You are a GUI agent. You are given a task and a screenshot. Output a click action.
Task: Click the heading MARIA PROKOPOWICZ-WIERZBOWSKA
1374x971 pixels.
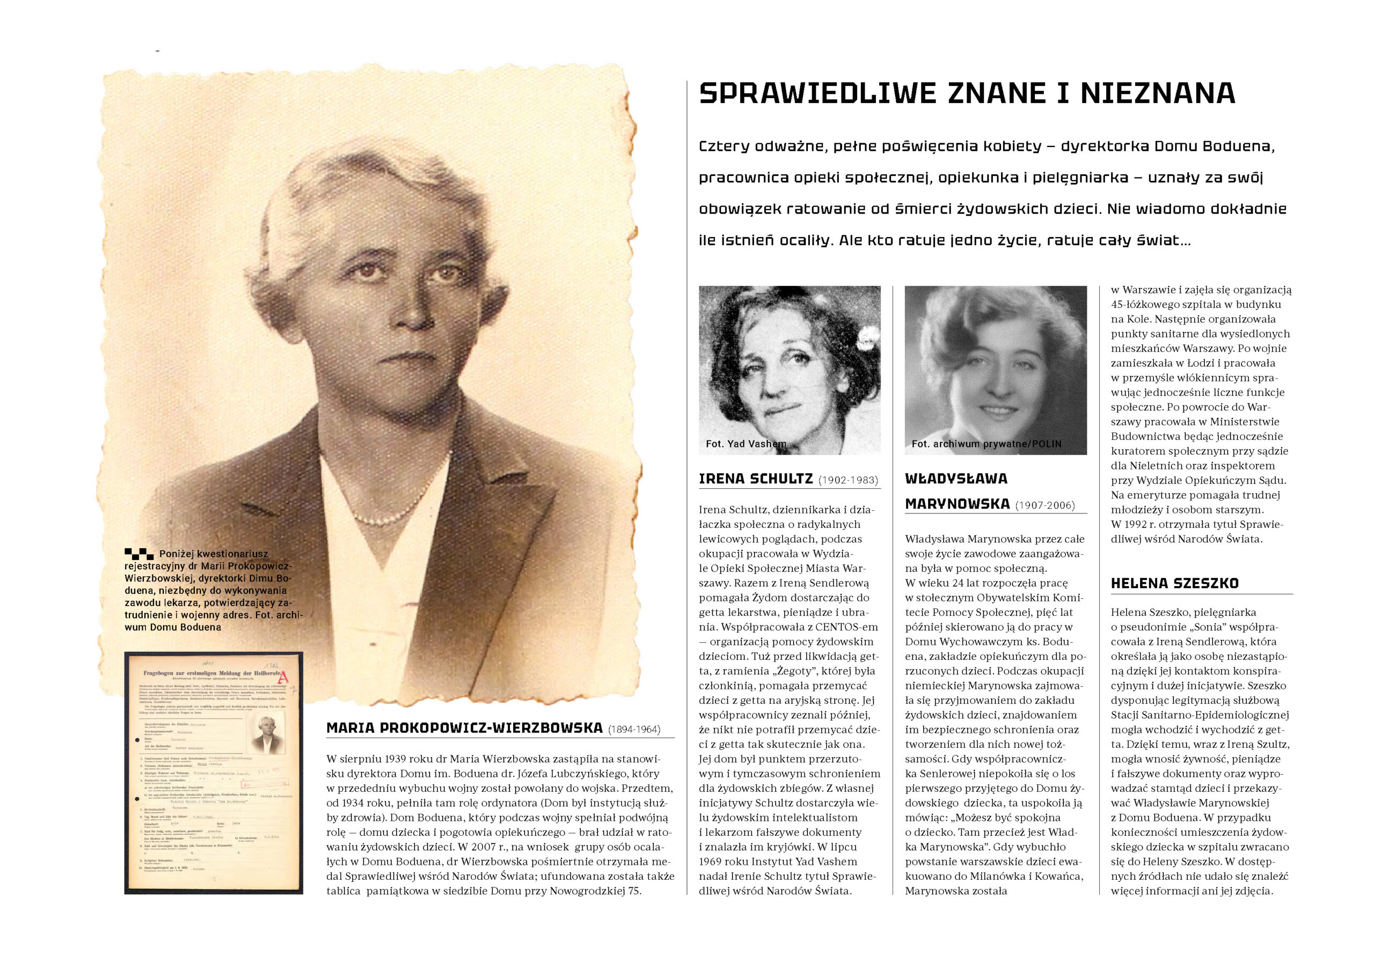pyautogui.click(x=464, y=728)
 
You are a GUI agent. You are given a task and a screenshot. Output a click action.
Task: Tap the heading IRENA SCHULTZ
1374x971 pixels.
pyautogui.click(x=756, y=479)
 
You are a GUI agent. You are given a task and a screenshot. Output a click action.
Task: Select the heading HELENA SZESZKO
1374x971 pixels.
pyautogui.click(x=1175, y=583)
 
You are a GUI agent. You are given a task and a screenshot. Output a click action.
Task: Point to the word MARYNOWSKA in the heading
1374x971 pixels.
pyautogui.click(x=957, y=504)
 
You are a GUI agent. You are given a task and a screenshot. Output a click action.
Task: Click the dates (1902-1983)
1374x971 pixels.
pyautogui.click(x=848, y=481)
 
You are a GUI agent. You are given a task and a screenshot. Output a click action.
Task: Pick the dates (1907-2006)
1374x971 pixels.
pyautogui.click(x=1045, y=505)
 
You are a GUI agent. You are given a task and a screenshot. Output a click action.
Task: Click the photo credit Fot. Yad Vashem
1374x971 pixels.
pyautogui.click(x=746, y=444)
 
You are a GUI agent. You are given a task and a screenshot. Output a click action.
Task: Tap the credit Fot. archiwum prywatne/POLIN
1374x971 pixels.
pyautogui.click(x=986, y=444)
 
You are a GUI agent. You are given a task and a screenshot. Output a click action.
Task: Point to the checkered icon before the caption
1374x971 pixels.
pyautogui.click(x=139, y=554)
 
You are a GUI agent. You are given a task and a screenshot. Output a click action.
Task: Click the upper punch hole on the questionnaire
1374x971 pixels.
pyautogui.click(x=137, y=741)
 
